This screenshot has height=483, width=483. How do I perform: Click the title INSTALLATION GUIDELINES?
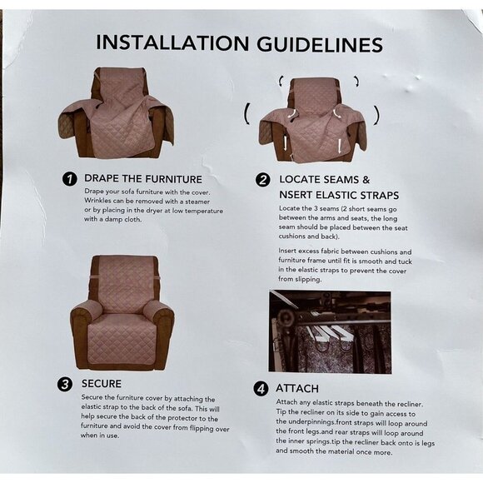239,43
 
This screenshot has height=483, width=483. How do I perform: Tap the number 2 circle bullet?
262,180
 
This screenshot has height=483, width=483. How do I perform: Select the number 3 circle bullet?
64,384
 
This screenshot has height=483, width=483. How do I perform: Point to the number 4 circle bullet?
261,389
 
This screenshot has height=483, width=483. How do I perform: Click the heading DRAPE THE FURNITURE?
142,178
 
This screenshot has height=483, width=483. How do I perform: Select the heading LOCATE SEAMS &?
324,179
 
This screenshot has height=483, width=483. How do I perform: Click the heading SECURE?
102,384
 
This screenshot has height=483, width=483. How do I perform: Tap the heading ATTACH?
297,389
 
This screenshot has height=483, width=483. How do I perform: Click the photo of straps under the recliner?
329,331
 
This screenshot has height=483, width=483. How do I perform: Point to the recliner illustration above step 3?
122,311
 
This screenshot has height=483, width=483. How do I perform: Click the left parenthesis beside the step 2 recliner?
246,113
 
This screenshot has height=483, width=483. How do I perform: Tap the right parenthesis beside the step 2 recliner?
376,113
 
